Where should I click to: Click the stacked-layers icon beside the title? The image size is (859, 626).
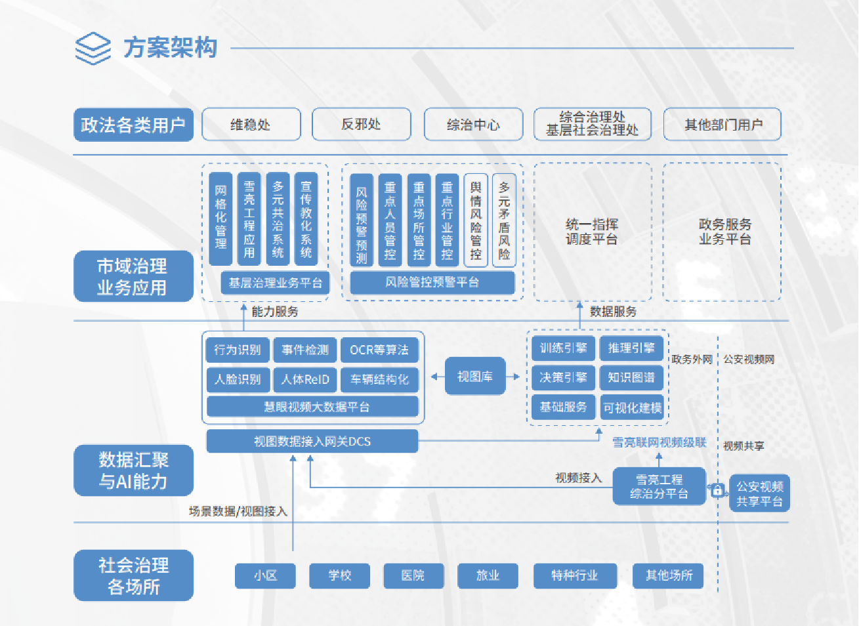(93, 49)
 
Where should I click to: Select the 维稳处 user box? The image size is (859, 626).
(251, 125)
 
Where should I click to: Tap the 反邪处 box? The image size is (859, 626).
(361, 125)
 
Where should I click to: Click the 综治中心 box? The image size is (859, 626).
(473, 125)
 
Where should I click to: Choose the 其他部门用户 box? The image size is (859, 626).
(722, 125)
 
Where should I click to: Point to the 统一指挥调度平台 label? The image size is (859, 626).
(592, 232)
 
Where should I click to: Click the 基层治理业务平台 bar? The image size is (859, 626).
(275, 283)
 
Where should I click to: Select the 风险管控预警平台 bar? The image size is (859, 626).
(432, 282)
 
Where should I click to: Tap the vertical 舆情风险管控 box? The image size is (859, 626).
(476, 220)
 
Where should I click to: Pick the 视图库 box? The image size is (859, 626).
(474, 376)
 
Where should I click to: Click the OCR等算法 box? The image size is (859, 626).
(379, 350)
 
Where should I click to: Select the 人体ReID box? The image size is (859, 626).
(305, 379)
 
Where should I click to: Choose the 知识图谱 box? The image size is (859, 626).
(631, 377)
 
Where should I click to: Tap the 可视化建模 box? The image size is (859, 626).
(632, 407)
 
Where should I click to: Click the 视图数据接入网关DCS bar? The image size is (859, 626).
(312, 442)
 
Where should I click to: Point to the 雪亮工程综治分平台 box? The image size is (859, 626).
(659, 486)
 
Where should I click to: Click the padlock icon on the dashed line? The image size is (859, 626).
(717, 490)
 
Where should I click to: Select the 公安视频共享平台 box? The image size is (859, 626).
(759, 493)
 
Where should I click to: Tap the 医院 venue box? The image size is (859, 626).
(413, 575)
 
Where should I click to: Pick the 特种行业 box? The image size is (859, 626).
(574, 575)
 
